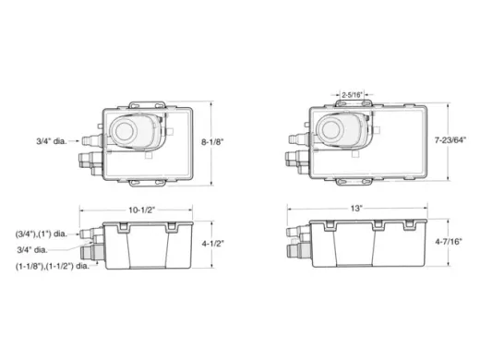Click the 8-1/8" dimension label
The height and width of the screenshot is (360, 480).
pyautogui.click(x=212, y=142)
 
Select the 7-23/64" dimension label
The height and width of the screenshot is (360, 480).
pyautogui.click(x=450, y=140)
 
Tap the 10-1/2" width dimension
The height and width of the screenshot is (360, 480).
pyautogui.click(x=141, y=210)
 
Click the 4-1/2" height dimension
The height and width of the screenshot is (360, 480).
pyautogui.click(x=213, y=244)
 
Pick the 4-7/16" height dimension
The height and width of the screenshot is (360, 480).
pyautogui.click(x=449, y=242)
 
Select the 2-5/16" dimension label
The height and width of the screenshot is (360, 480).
pyautogui.click(x=353, y=95)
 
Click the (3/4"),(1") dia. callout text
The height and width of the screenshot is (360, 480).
pyautogui.click(x=42, y=234)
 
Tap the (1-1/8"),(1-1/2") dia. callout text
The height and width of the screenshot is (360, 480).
pyautogui.click(x=53, y=266)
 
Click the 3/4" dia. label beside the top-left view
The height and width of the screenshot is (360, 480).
pyautogui.click(x=52, y=141)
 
